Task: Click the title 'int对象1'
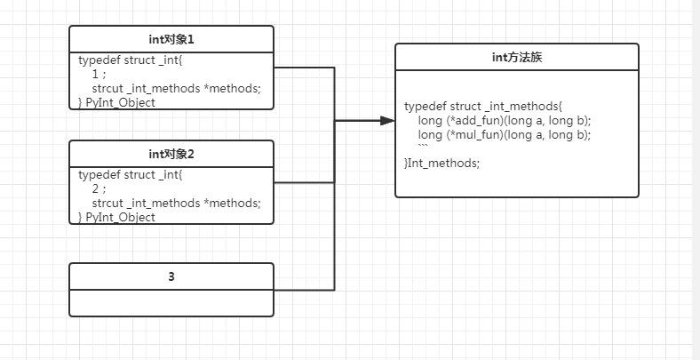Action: pyautogui.click(x=171, y=39)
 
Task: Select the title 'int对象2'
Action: pyautogui.click(x=171, y=154)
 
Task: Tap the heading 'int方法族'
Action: pyautogui.click(x=517, y=58)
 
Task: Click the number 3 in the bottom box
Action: pyautogui.click(x=171, y=276)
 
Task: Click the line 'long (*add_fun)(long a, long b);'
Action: pyautogui.click(x=505, y=120)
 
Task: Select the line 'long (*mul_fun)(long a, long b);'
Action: pyautogui.click(x=505, y=134)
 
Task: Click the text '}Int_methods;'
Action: pyautogui.click(x=441, y=163)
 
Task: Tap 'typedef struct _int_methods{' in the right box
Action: pyautogui.click(x=483, y=106)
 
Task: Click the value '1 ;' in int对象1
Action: pyautogui.click(x=99, y=75)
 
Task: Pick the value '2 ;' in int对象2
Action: pyautogui.click(x=99, y=189)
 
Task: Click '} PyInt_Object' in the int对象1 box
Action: pyautogui.click(x=116, y=102)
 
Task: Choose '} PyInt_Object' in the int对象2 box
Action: pyautogui.click(x=116, y=217)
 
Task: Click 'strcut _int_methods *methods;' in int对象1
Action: pyautogui.click(x=176, y=88)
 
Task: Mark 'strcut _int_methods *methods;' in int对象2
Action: pyautogui.click(x=176, y=203)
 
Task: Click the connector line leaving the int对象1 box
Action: pyautogui.click(x=304, y=68)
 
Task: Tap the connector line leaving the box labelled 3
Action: pyautogui.click(x=304, y=290)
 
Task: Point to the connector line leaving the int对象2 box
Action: pyautogui.click(x=304, y=183)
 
